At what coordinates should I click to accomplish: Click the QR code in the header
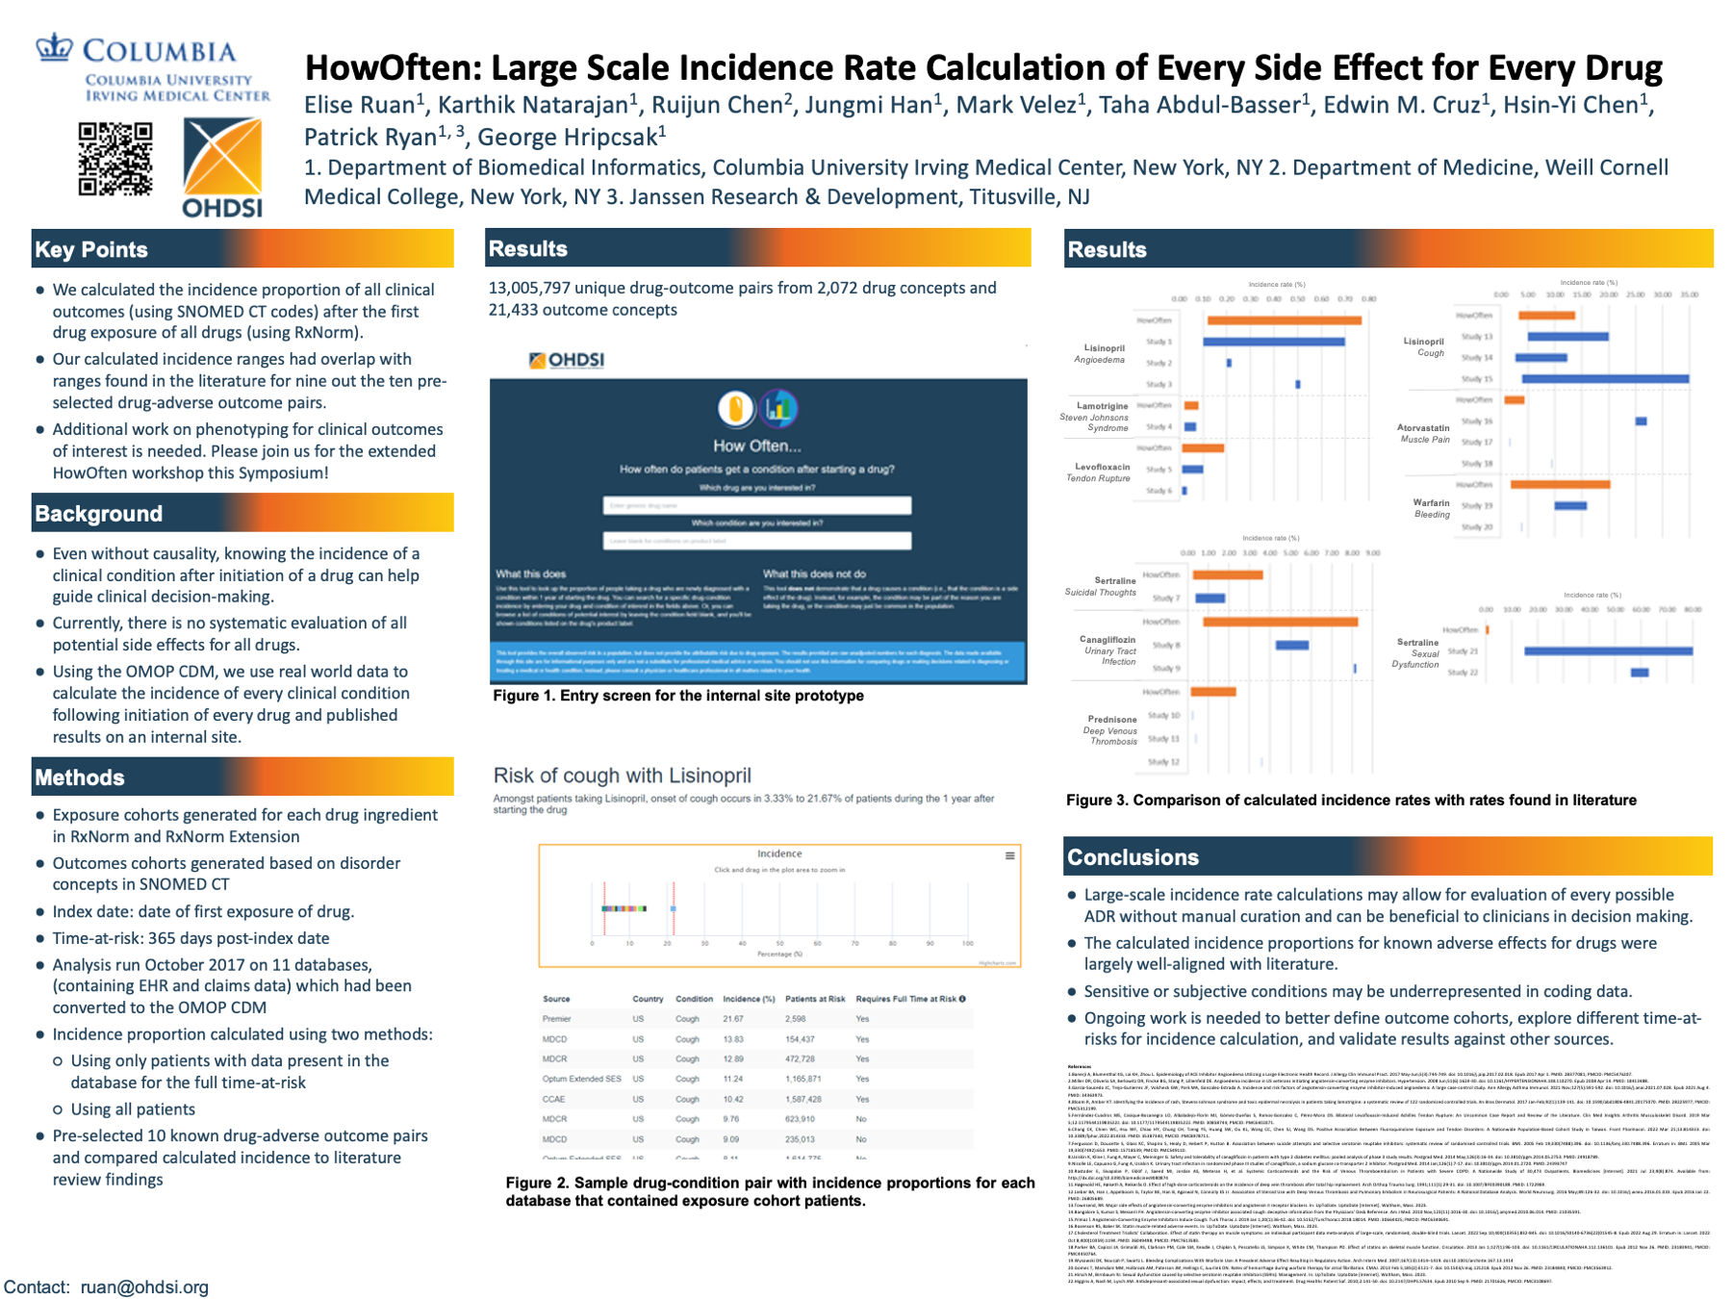[x=115, y=159]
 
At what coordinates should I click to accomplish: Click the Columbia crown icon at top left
[x=54, y=47]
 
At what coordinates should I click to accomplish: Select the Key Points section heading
[x=91, y=250]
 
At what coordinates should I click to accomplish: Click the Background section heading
[x=98, y=514]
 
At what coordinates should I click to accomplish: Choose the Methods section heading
[x=80, y=777]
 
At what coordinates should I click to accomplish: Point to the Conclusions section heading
[x=1133, y=857]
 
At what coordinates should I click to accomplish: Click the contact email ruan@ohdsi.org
[x=144, y=1287]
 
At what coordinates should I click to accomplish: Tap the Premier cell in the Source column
[x=557, y=1019]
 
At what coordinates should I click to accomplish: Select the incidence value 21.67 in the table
[x=732, y=1019]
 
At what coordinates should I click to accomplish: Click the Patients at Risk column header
[x=815, y=999]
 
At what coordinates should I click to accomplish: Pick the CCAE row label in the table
[x=553, y=1099]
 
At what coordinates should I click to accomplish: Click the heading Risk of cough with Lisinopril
[x=622, y=776]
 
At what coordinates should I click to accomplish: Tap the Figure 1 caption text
[x=677, y=696]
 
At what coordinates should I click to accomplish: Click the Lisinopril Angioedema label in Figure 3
[x=1101, y=354]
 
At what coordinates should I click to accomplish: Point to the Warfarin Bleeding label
[x=1432, y=508]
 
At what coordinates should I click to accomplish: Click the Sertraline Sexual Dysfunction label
[x=1416, y=653]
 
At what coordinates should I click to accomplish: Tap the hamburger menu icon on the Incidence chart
[x=1009, y=855]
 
